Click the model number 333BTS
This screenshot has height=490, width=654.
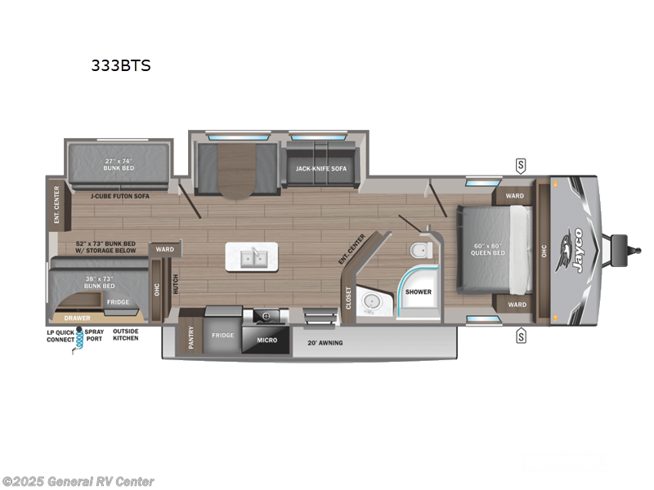click(121, 66)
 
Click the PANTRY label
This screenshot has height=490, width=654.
click(192, 338)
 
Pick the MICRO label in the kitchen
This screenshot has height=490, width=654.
click(267, 339)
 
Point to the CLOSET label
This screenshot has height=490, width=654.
click(348, 298)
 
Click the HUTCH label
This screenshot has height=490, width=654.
click(173, 283)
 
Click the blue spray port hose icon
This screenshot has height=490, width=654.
click(79, 342)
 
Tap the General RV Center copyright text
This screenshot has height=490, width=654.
click(78, 482)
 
